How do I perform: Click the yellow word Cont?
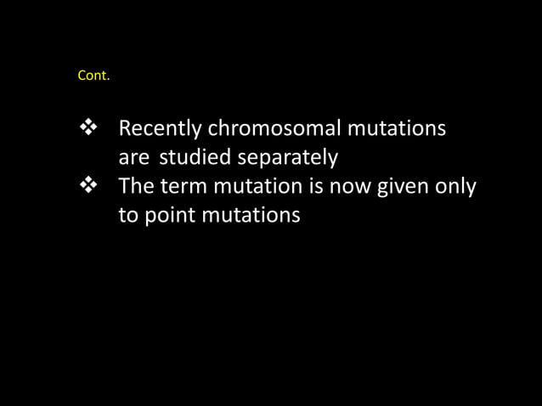[93, 76]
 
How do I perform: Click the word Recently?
[161, 131]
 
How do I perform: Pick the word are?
[134, 159]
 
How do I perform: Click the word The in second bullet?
[138, 187]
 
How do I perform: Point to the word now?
[360, 187]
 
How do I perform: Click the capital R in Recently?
[124, 131]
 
